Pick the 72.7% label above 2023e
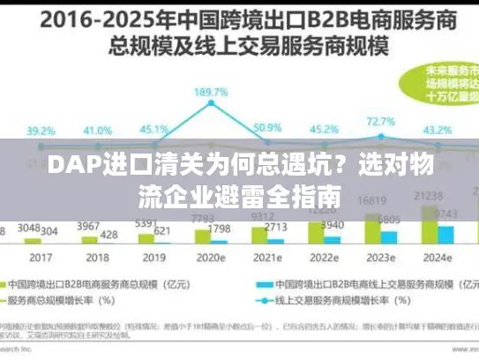pos(380,121)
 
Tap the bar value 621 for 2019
pos(161,231)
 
